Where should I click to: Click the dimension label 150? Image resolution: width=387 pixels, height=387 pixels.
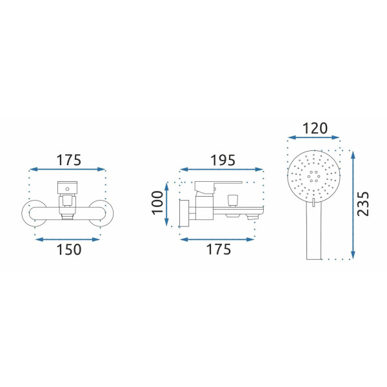coord(69,249)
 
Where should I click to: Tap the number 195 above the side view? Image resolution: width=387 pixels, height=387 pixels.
coord(223,161)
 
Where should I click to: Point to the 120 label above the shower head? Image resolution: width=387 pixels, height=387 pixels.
coord(315,128)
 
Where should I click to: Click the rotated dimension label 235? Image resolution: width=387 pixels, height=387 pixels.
coord(362,204)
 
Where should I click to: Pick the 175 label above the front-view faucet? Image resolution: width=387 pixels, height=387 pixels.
coord(69,160)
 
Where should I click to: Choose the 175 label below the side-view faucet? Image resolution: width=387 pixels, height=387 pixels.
coord(219,249)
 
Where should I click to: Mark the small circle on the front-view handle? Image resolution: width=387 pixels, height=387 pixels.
coord(67,189)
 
